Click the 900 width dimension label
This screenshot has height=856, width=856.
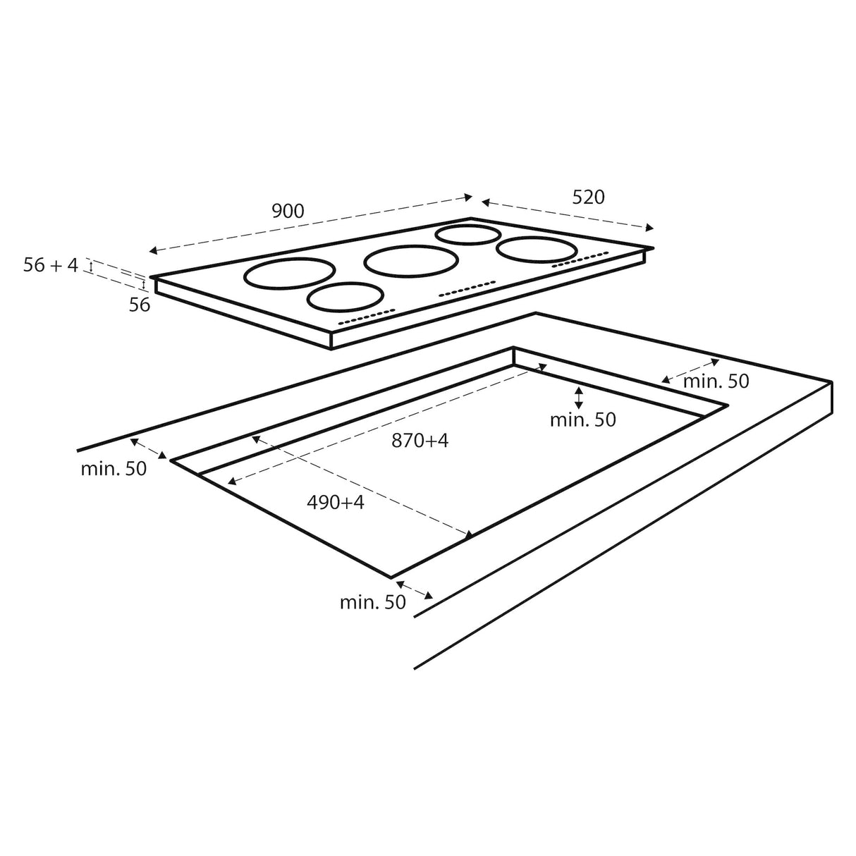(x=287, y=210)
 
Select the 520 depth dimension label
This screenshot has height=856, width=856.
(x=588, y=197)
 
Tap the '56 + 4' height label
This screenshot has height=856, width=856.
(x=51, y=265)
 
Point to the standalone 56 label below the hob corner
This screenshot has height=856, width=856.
(x=140, y=305)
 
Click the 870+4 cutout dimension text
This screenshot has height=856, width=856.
(x=420, y=441)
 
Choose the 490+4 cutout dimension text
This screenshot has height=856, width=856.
(x=336, y=502)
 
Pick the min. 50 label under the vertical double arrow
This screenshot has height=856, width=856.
(x=582, y=420)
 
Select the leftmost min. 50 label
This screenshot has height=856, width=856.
(x=114, y=468)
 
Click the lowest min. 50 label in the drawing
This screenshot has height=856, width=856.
(x=372, y=602)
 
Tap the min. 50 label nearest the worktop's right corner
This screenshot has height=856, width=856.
(x=716, y=381)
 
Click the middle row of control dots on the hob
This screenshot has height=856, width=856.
(x=467, y=289)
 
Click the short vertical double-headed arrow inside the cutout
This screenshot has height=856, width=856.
(x=579, y=397)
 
